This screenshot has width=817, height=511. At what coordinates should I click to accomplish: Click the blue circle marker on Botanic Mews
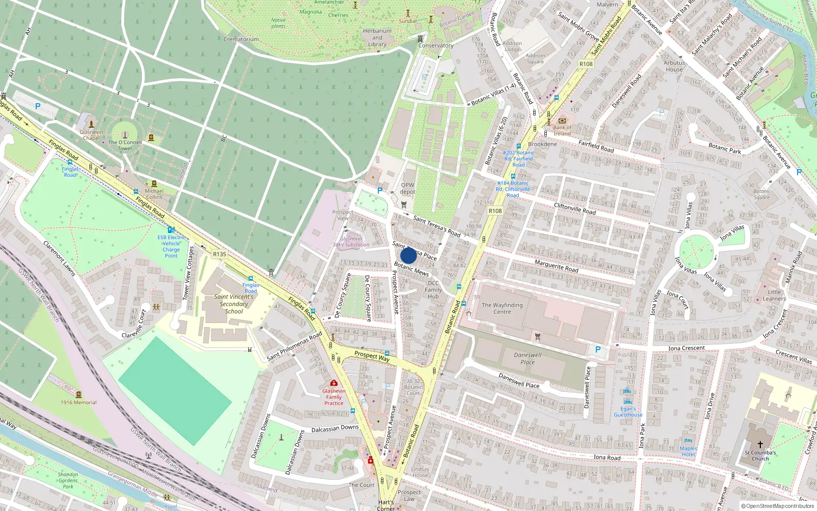[408, 255]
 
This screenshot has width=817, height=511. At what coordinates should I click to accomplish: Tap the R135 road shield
[220, 254]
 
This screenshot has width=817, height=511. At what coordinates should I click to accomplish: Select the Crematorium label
[241, 39]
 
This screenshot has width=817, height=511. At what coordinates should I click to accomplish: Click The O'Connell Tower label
[125, 145]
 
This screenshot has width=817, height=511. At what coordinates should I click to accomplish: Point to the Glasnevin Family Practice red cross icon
[334, 383]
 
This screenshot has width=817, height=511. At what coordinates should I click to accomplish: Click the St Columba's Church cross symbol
[760, 445]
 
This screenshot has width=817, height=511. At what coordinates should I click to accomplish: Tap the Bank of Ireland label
[562, 131]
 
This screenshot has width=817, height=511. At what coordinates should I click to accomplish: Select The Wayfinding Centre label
[502, 308]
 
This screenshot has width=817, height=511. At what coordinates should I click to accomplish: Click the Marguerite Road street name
[556, 266]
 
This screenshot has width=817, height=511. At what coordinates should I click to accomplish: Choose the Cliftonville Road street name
[574, 208]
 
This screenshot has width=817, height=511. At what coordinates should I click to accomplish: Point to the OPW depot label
[407, 189]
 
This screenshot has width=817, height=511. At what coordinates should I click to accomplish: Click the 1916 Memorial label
[79, 402]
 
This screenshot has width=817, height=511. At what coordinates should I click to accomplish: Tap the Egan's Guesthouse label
[628, 412]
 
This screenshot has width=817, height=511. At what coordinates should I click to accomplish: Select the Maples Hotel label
[688, 451]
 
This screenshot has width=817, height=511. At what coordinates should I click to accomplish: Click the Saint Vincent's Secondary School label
[234, 304]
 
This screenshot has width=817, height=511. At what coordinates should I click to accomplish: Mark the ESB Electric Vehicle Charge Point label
[171, 246]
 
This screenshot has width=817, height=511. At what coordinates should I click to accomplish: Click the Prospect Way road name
[372, 356]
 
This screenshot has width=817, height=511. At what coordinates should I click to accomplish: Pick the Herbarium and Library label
[377, 37]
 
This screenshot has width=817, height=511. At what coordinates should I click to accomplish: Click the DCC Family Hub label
[433, 289]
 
